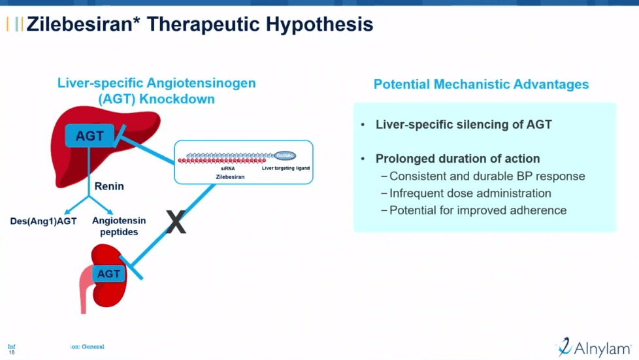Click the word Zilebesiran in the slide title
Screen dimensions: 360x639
[83, 25]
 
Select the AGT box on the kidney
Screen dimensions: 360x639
[109, 274]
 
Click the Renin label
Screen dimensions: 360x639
[109, 186]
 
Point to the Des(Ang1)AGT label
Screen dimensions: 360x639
[43, 221]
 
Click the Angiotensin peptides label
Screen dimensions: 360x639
[119, 226]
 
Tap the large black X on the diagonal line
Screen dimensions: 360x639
[176, 223]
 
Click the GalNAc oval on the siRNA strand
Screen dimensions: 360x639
[286, 155]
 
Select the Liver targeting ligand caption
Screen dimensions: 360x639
[286, 168]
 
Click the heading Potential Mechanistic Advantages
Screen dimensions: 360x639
[481, 84]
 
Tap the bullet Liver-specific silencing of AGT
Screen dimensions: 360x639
[463, 124]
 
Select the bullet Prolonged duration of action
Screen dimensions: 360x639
[457, 159]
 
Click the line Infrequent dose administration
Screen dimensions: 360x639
[470, 193]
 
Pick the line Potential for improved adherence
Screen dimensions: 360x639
[478, 210]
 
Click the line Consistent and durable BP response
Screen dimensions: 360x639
[487, 176]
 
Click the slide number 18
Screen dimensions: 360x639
[11, 352]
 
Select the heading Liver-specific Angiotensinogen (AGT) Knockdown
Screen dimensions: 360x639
[156, 91]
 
